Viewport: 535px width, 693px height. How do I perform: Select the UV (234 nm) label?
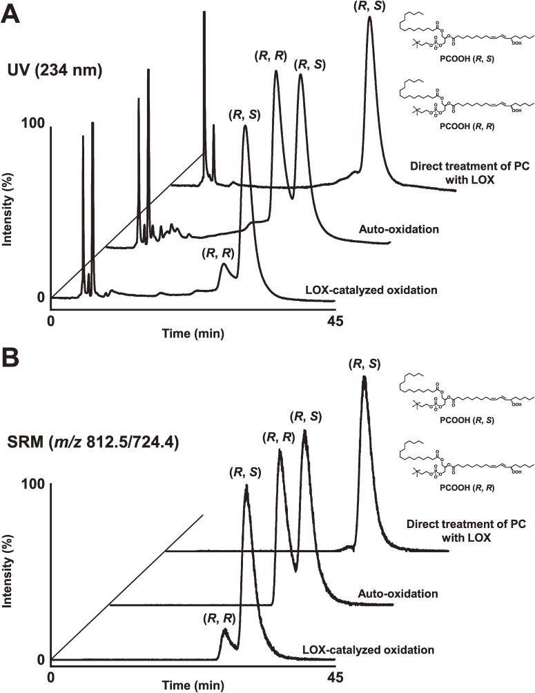point(56,70)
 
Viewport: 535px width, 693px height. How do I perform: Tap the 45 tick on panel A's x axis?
point(335,321)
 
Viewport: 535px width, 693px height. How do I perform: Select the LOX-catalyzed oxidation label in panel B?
point(369,650)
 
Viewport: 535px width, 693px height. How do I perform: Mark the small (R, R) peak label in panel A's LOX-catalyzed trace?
point(218,253)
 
